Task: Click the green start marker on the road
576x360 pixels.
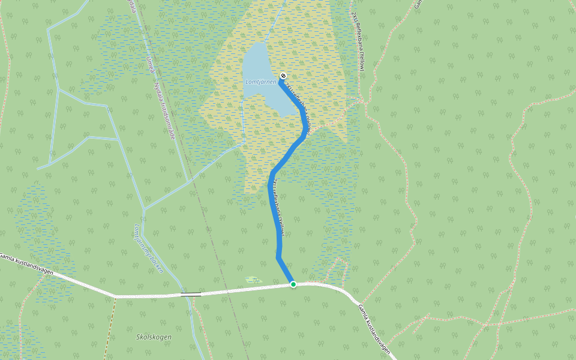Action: pyautogui.click(x=293, y=284)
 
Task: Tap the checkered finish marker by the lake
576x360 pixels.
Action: pyautogui.click(x=283, y=76)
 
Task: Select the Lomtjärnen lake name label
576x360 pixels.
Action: pyautogui.click(x=260, y=82)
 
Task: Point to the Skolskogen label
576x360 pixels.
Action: pyautogui.click(x=154, y=337)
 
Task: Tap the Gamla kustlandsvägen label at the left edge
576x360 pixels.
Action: pyautogui.click(x=26, y=264)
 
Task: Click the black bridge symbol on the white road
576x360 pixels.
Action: pyautogui.click(x=191, y=294)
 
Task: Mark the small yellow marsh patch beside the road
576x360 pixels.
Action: pyautogui.click(x=253, y=280)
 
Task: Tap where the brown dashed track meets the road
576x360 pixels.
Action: pyautogui.click(x=115, y=296)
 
